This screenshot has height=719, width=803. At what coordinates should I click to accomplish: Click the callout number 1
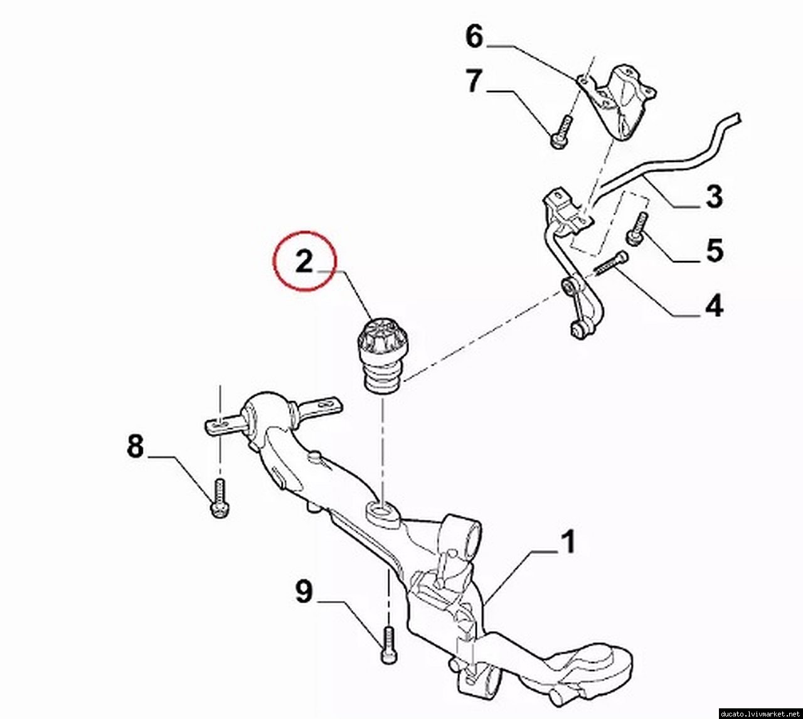point(568,542)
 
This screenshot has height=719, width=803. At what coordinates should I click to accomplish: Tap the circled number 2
point(304,261)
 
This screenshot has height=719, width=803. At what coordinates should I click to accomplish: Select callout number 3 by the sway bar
point(714,196)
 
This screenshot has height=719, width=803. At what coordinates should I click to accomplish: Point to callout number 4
point(714,305)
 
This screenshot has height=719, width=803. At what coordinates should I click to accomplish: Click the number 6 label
point(474,36)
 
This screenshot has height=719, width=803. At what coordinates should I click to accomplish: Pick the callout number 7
point(474,81)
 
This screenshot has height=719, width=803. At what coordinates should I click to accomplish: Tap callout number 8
point(135,446)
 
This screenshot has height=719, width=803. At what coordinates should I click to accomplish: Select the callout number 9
point(304,592)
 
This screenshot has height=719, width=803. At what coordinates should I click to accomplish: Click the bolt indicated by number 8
point(219,498)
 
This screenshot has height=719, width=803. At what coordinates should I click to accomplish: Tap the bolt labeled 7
point(561,132)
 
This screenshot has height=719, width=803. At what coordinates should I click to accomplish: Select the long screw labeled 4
point(611,263)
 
